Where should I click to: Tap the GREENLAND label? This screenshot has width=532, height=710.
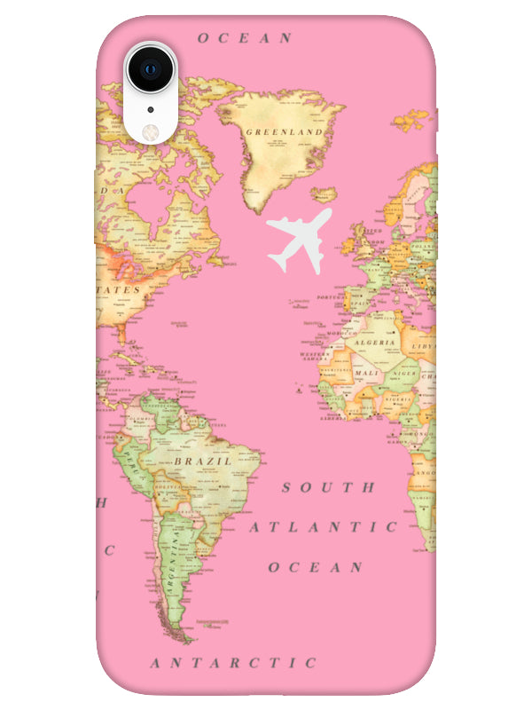284,131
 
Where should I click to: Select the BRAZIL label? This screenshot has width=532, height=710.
202,461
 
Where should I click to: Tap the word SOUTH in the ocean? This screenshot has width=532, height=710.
329,487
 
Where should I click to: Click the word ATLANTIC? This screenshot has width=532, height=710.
323,526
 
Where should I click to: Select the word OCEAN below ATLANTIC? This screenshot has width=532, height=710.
317,566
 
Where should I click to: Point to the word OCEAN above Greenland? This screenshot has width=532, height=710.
245,37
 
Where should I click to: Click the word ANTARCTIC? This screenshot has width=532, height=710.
233,663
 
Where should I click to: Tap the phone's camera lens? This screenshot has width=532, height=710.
149,67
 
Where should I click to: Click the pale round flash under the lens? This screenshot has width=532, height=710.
149,130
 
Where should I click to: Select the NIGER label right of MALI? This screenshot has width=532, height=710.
403,374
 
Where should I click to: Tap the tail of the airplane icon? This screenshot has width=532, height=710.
278,259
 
